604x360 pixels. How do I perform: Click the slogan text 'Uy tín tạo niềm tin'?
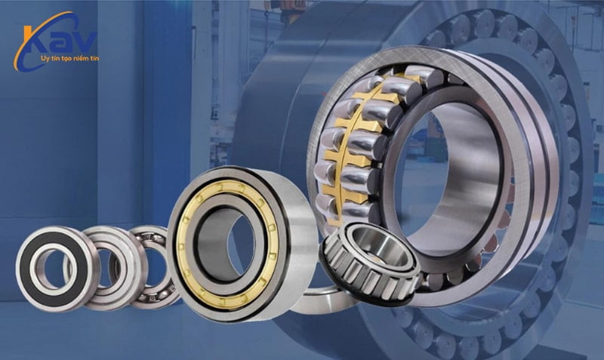(69, 58)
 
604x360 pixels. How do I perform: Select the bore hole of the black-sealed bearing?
(53, 269)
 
